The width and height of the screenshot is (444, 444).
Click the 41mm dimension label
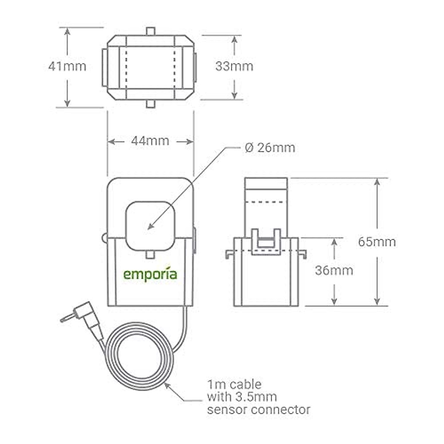pyautogui.click(x=67, y=67)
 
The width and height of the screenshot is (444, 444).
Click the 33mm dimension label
pyautogui.click(x=234, y=67)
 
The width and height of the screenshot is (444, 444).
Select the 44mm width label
pyautogui.click(x=150, y=141)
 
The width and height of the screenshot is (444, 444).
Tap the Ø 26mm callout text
pyautogui.click(x=270, y=148)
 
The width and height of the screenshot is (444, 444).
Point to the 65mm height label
pyautogui.click(x=377, y=242)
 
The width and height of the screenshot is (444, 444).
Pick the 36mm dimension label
pyautogui.click(x=334, y=270)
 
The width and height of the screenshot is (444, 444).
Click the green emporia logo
pyautogui.click(x=150, y=275)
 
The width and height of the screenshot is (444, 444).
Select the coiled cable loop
pyautogui.click(x=139, y=355)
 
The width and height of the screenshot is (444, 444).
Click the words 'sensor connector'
pyautogui.click(x=259, y=410)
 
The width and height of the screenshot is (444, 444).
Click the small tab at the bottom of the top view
pyautogui.click(x=150, y=104)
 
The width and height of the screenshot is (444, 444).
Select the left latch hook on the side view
pyautogui.click(x=229, y=254)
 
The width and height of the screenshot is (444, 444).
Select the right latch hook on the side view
pyautogui.click(x=302, y=254)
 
